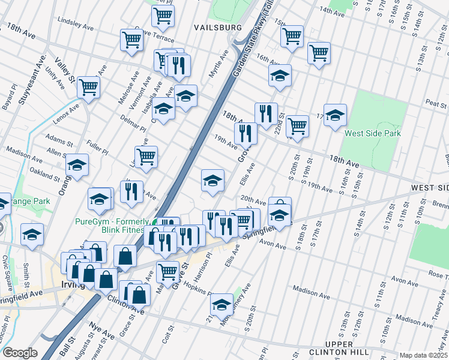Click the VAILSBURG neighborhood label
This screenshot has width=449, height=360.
tap(217, 28)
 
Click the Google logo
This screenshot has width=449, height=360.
tap(20, 353)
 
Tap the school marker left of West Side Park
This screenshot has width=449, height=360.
tap(335, 114)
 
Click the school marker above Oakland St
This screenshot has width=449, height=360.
tap(77, 164)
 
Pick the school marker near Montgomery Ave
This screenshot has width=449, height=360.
tap(221, 304)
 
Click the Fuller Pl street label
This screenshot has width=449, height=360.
tap(96, 145)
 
